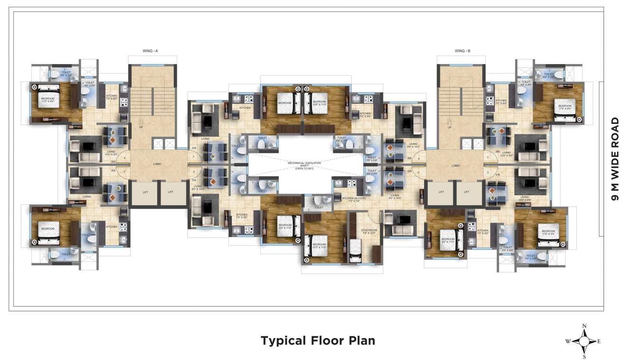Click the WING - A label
[x=150, y=50]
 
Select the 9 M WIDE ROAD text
[x=615, y=159]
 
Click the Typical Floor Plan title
[x=317, y=341]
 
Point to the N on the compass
[x=585, y=325]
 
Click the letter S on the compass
[x=585, y=356]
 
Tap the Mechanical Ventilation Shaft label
[x=304, y=165]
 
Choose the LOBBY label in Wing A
[x=157, y=164]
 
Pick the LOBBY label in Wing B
[x=456, y=166]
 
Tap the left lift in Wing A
[x=145, y=192]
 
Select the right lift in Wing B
[x=467, y=192]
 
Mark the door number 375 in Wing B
[x=497, y=175]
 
